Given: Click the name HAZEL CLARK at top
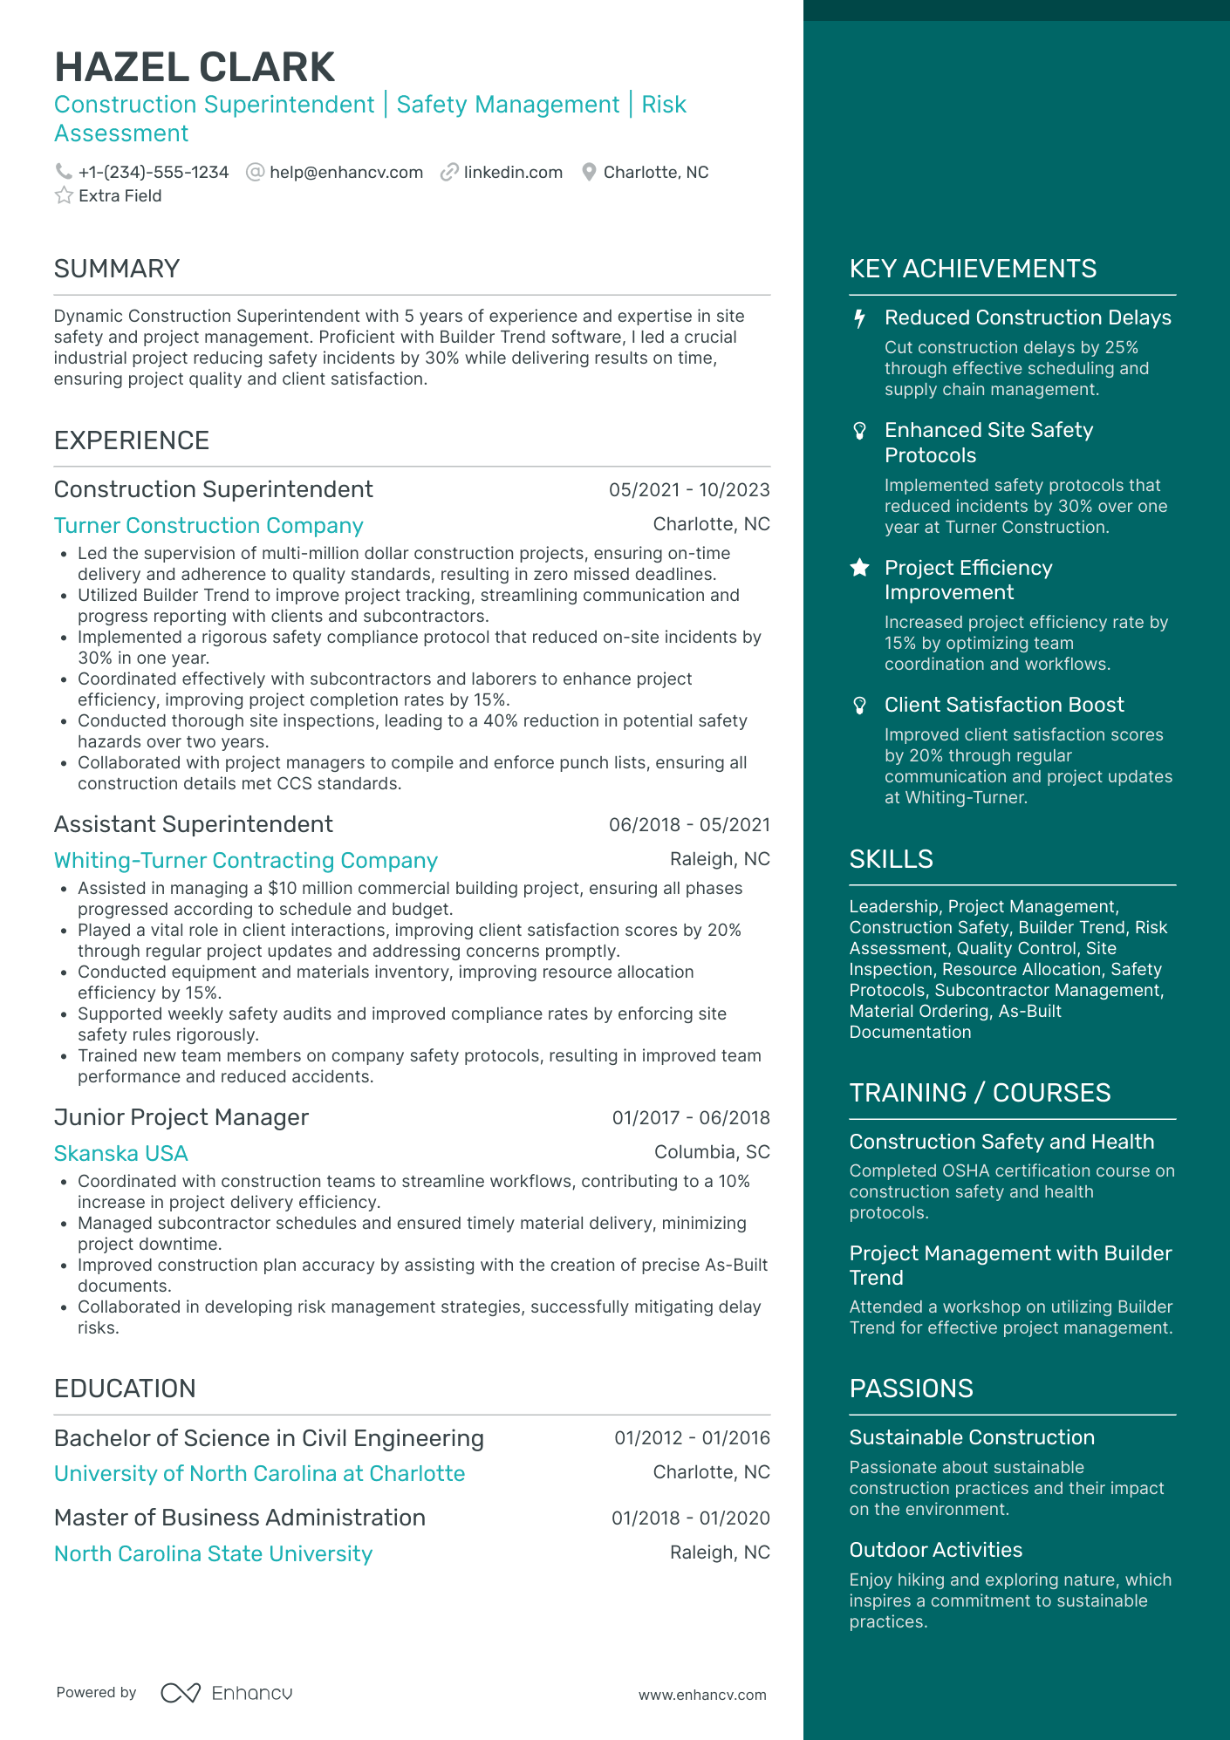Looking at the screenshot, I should click(194, 68).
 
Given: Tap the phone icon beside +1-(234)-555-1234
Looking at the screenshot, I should click(63, 172).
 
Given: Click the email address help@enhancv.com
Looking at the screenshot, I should click(345, 172).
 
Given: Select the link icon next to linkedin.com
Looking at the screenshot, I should click(449, 172).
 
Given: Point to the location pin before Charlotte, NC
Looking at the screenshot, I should click(589, 172).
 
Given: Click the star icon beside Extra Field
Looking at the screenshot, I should click(64, 195).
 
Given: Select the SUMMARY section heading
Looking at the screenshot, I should click(117, 269).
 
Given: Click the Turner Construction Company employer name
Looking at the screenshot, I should click(208, 525).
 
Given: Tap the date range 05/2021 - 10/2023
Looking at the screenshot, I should click(689, 490).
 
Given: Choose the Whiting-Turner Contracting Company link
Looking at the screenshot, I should click(245, 860).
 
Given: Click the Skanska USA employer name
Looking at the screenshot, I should click(121, 1153).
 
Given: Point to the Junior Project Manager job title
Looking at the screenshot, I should click(181, 1117).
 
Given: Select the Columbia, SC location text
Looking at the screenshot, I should click(712, 1152).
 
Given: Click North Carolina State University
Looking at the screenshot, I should click(213, 1553).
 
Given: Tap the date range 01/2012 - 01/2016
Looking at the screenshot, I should click(692, 1438).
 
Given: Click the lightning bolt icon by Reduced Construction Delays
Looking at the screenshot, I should click(859, 318).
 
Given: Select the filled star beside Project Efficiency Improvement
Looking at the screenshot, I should click(859, 568).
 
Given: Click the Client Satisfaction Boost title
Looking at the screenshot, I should click(1004, 705).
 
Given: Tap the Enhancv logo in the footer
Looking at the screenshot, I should click(227, 1693).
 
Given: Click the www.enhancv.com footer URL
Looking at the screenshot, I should click(702, 1695).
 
